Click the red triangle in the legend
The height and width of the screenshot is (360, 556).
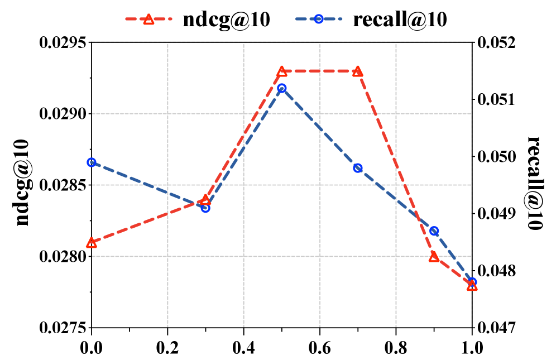[x=148, y=20]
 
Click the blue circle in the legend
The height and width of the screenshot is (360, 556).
[x=319, y=19]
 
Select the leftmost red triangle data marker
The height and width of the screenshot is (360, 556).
[x=92, y=243]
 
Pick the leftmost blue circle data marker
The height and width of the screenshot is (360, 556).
[x=92, y=162]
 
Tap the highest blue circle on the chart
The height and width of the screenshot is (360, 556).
[x=282, y=88]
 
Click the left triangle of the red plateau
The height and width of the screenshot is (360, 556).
[x=282, y=71]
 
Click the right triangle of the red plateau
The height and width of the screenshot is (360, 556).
[x=358, y=71]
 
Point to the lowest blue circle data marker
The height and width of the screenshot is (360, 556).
[x=472, y=282]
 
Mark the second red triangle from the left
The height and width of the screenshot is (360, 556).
[x=205, y=200]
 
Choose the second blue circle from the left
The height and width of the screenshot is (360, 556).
[x=205, y=208]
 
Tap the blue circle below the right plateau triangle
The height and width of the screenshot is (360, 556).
[x=358, y=168]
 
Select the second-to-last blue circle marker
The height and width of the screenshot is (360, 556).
[x=434, y=231]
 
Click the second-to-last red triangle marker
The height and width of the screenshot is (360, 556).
[x=434, y=257]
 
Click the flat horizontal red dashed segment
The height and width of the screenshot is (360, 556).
[x=320, y=71]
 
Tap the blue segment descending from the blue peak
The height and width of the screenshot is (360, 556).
[x=320, y=128]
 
